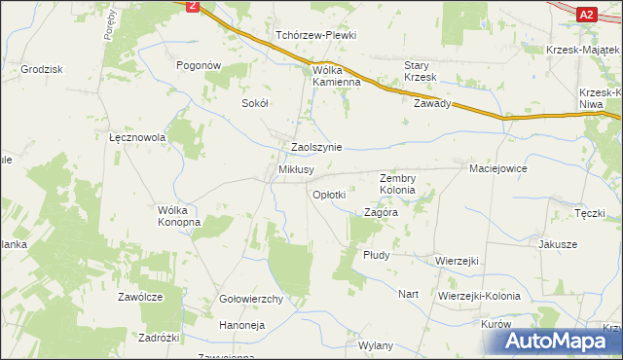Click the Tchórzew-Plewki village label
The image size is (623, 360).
[315, 35]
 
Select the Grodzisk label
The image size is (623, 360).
[41, 69]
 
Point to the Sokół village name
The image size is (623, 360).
[254, 102]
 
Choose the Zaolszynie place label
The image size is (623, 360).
[316, 147]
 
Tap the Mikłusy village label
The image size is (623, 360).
[296, 169]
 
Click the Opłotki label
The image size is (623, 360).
[328, 195]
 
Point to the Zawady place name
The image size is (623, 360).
[432, 103]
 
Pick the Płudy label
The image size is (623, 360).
[376, 255]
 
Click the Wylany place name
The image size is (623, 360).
[376, 345]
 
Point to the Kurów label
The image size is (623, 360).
[495, 323]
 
